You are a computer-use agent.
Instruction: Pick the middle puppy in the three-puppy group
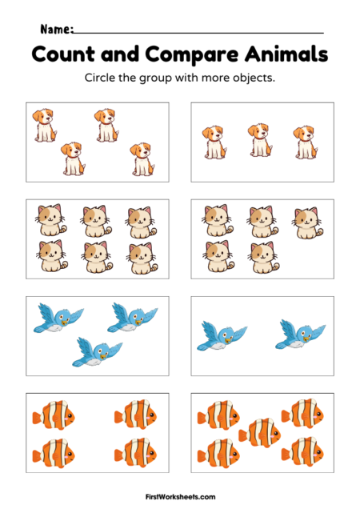pos(258,141)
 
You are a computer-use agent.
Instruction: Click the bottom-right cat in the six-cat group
pos(140,257)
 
